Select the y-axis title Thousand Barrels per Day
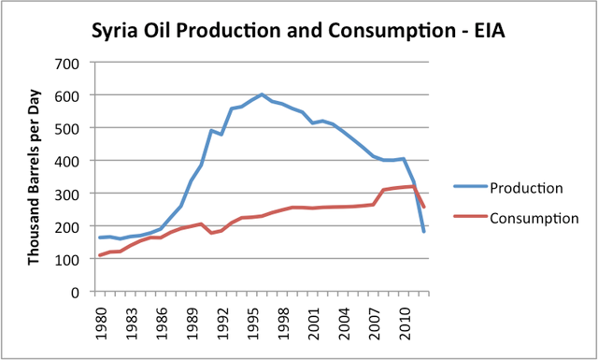pyautogui.click(x=34, y=177)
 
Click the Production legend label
pyautogui.click(x=526, y=188)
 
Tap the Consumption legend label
pyautogui.click(x=534, y=219)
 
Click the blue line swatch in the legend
pyautogui.click(x=471, y=186)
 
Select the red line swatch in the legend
pyautogui.click(x=471, y=216)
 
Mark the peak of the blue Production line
pyautogui.click(x=262, y=94)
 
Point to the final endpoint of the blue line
pyautogui.click(x=423, y=231)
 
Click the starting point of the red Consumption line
pyautogui.click(x=100, y=255)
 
